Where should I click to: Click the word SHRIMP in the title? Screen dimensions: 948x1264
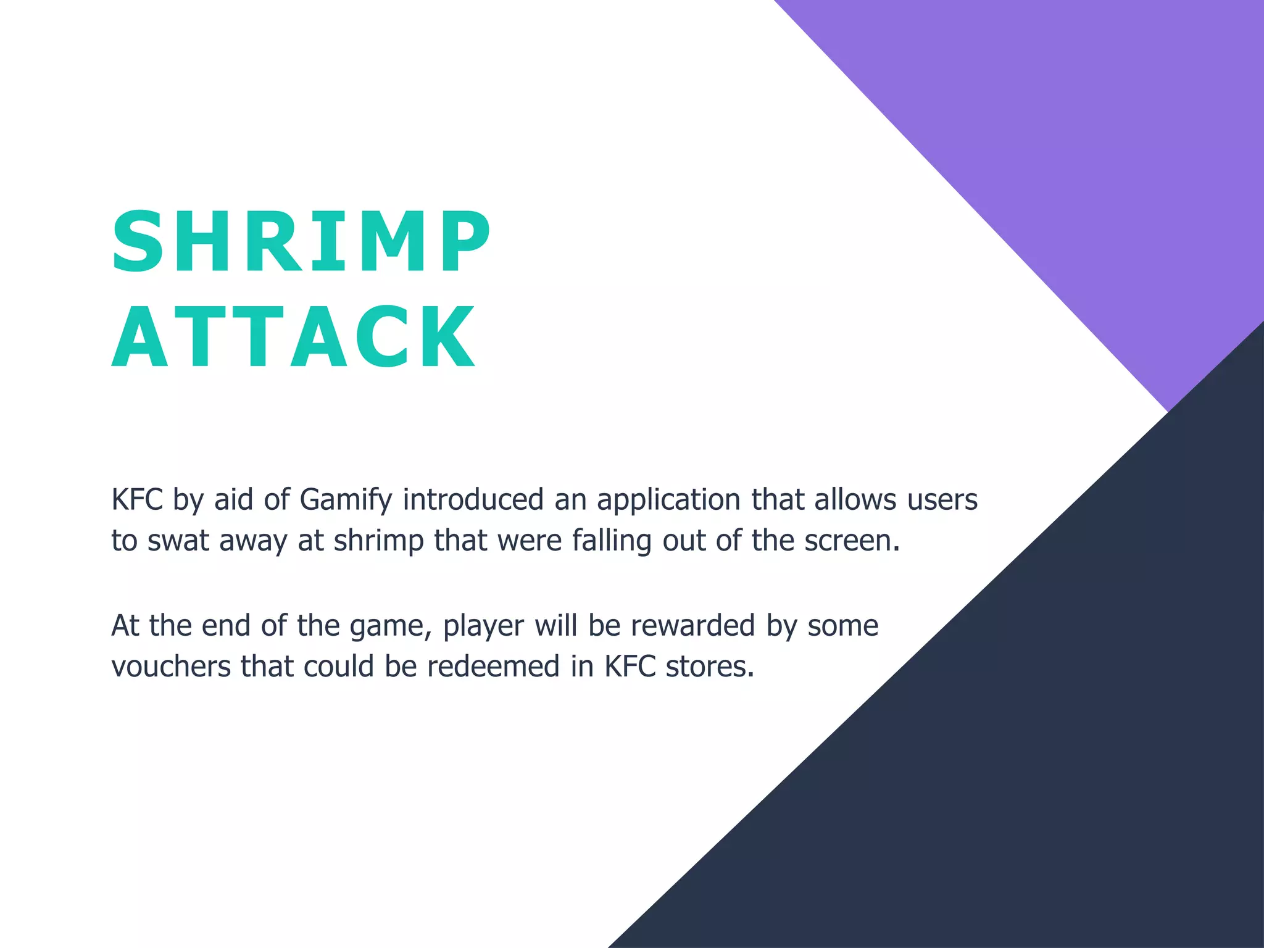[301, 242]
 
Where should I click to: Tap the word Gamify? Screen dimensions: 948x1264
[346, 500]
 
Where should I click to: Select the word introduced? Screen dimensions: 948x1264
[473, 500]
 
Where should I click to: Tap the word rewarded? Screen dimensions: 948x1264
[692, 626]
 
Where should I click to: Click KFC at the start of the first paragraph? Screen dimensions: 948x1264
[136, 500]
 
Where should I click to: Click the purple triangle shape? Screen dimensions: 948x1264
[1080, 154]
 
